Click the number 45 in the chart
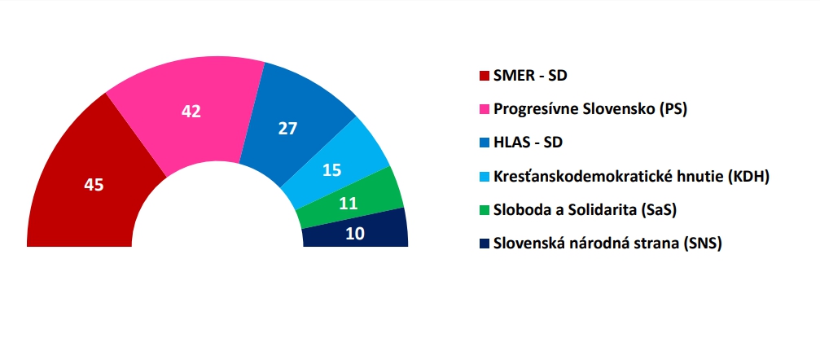[94, 185]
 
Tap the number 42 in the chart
[191, 112]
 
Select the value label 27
[287, 129]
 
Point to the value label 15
[332, 170]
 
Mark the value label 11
[348, 203]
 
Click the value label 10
[356, 234]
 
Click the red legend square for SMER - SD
[484, 77]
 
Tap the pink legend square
[484, 110]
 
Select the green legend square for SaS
[484, 210]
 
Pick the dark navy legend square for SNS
[484, 244]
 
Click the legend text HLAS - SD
[528, 143]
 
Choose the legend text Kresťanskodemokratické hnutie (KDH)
[632, 177]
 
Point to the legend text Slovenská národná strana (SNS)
[607, 244]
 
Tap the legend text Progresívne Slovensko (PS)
[590, 110]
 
